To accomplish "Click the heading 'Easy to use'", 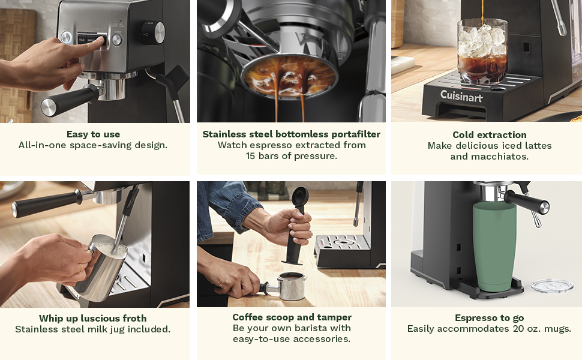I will pos(93,134).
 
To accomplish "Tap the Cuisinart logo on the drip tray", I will pos(461,95).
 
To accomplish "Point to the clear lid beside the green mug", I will pos(551,286).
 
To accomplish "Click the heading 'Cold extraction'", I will pos(490,134).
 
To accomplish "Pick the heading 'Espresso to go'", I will pos(489,318).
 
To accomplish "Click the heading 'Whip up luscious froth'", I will pos(93,318).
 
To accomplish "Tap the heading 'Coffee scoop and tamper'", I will pos(292,317).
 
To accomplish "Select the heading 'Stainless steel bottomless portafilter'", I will pos(292,134).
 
